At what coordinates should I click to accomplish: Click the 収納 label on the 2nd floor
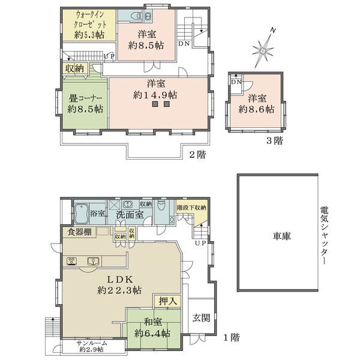coord(75,69)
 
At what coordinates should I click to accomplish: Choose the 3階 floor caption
coord(275,142)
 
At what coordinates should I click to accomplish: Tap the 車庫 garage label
coord(277,236)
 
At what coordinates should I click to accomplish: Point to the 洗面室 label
coord(129,214)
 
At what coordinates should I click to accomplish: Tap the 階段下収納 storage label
coord(191,207)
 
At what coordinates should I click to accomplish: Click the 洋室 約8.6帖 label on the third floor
coord(256,104)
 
